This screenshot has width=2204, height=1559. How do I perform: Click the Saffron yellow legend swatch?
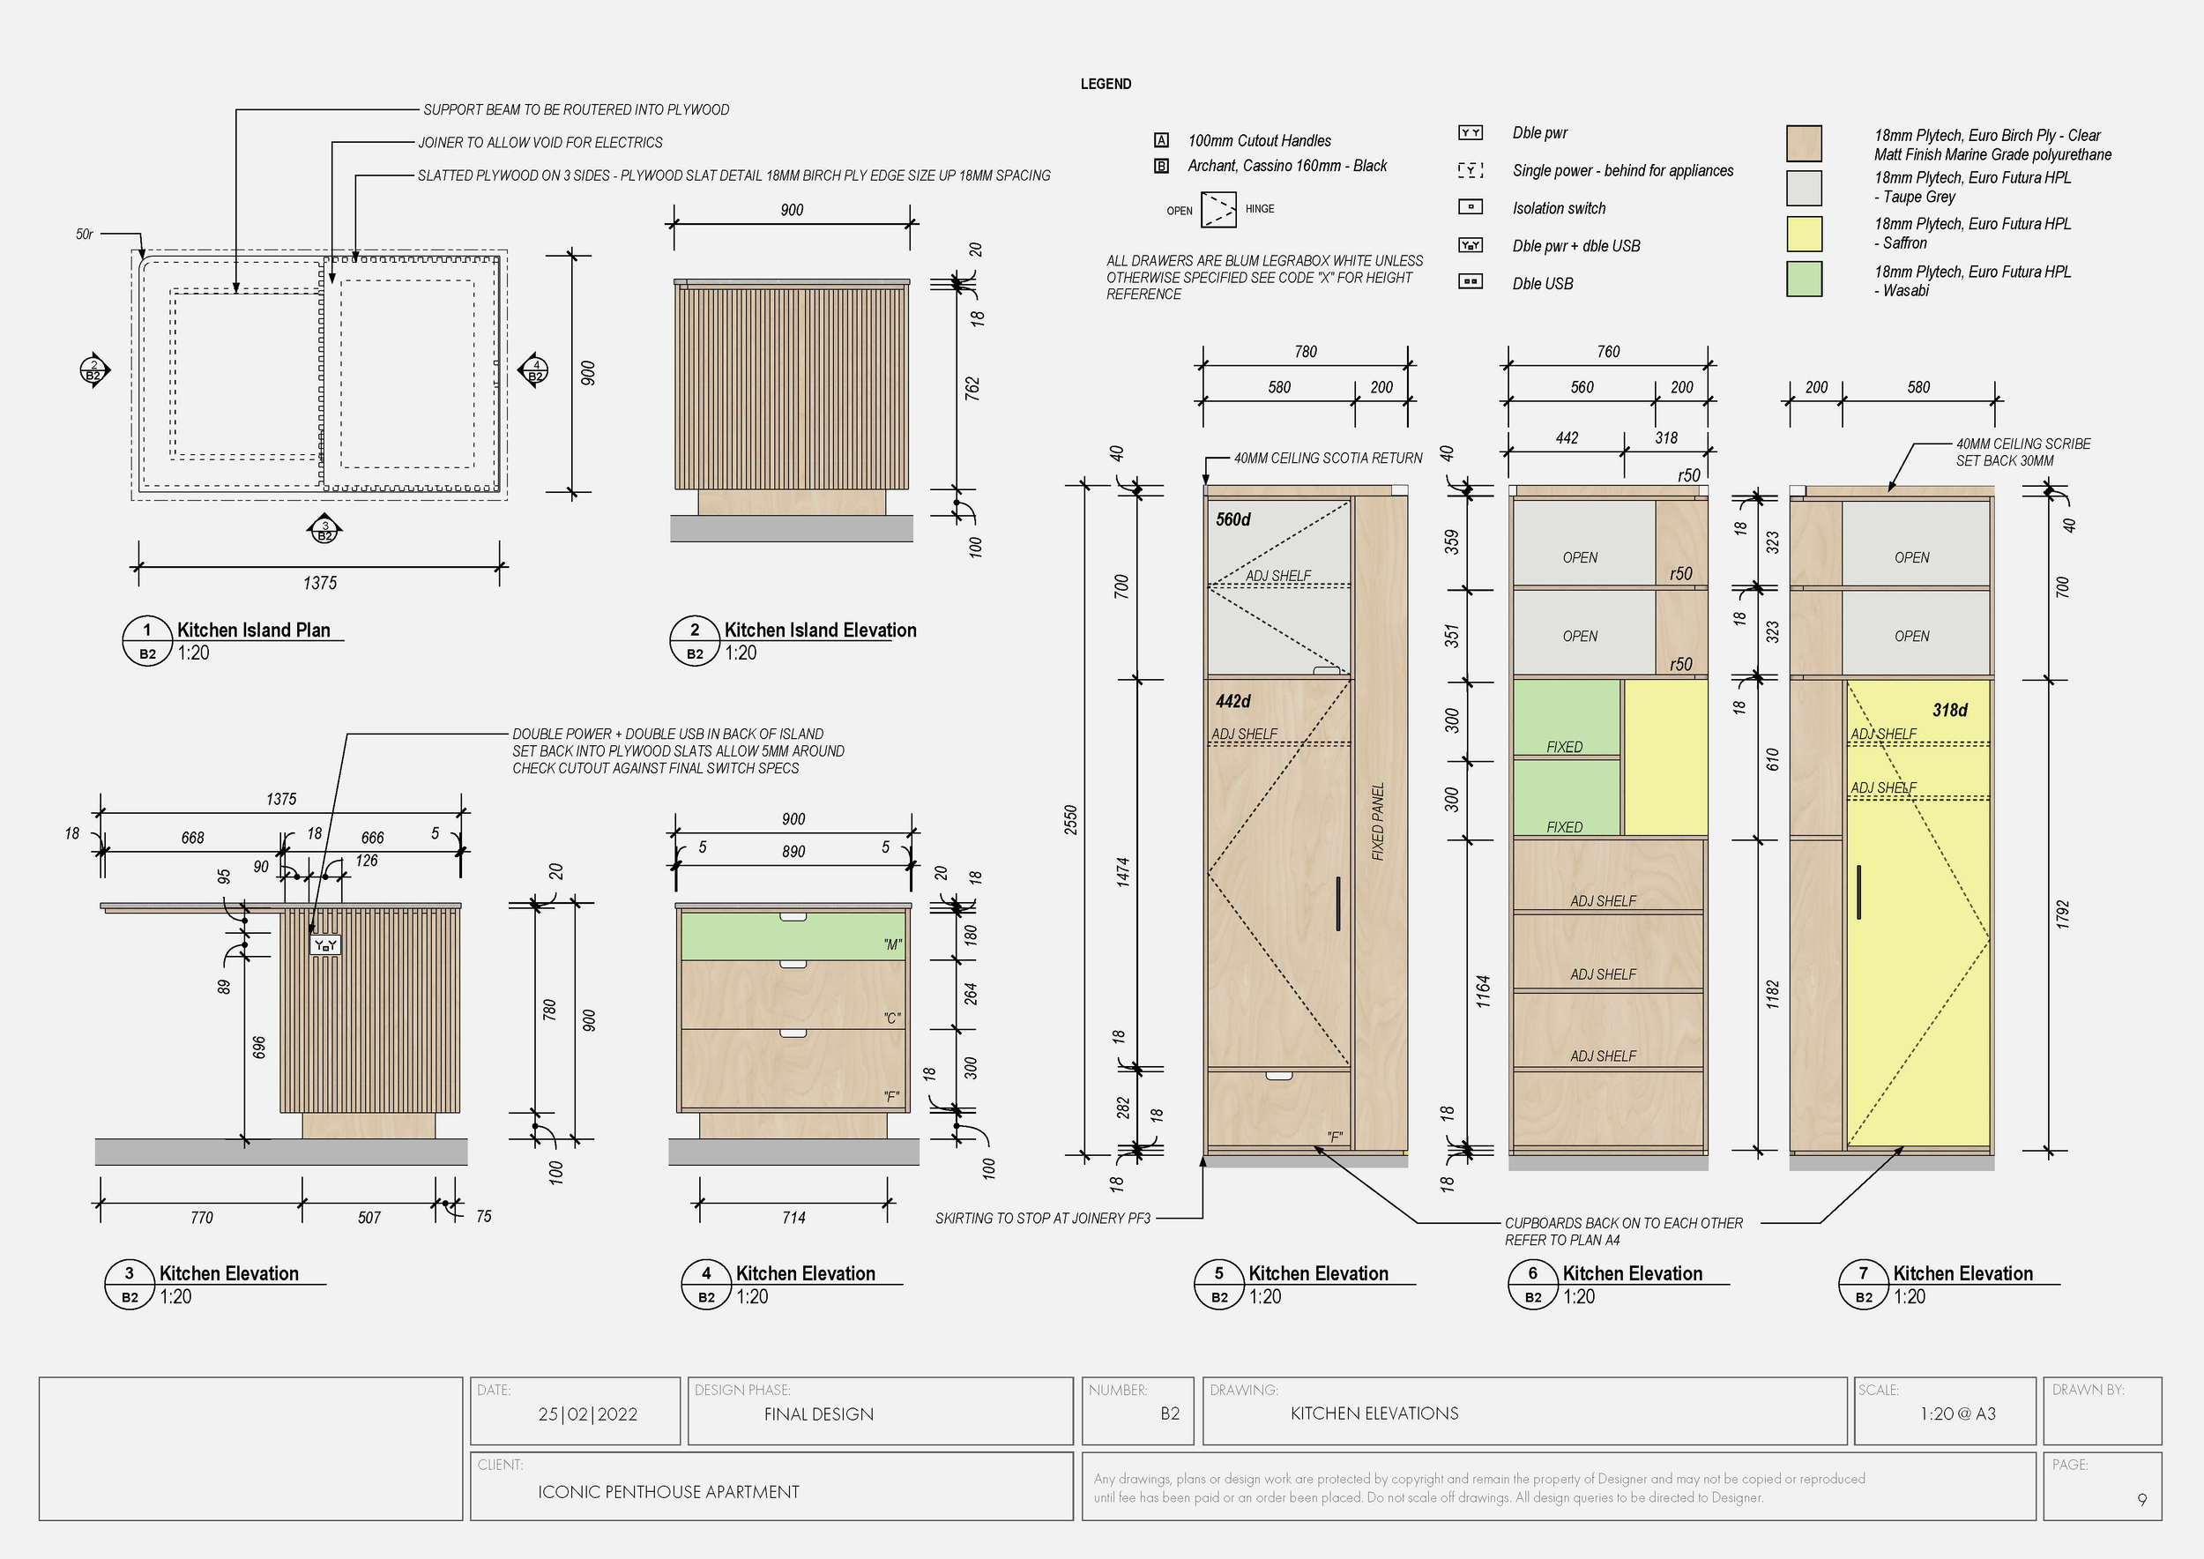tap(1804, 234)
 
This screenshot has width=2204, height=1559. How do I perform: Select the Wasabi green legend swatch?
tap(1804, 280)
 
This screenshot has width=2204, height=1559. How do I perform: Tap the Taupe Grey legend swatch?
tap(1804, 188)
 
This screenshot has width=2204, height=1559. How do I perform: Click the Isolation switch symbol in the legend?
tap(1470, 207)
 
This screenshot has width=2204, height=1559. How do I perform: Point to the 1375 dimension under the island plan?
tap(320, 583)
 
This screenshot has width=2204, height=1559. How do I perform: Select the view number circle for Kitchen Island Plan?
tap(147, 630)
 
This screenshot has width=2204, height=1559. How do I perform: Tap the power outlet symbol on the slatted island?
tap(325, 945)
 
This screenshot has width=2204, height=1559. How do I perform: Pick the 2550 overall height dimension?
tap(1071, 820)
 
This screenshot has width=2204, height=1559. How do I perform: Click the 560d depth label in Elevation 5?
tap(1232, 519)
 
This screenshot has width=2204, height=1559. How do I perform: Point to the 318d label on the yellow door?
tap(1949, 711)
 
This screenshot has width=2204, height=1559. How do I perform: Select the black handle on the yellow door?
tap(1858, 891)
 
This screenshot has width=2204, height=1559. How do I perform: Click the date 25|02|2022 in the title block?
tap(587, 1414)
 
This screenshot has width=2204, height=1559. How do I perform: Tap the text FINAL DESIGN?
tap(819, 1414)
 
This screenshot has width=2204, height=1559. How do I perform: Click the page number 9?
tap(2141, 1500)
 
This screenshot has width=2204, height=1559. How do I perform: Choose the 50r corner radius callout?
tap(85, 235)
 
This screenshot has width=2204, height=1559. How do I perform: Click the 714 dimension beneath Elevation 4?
tap(793, 1217)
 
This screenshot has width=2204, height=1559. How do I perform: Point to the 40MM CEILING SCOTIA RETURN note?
tap(1328, 459)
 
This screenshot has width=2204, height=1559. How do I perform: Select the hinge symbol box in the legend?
tap(1219, 209)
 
